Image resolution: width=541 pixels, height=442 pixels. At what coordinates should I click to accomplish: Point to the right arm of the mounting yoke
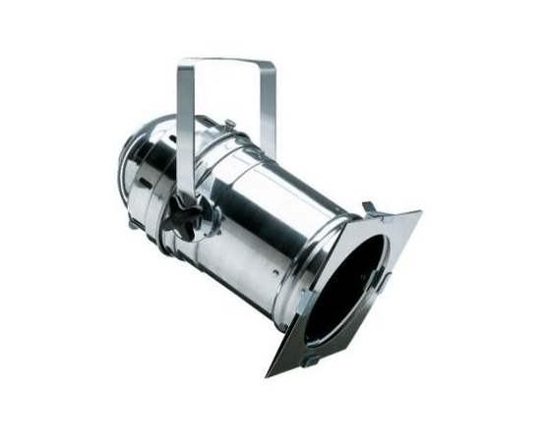coord(269,108)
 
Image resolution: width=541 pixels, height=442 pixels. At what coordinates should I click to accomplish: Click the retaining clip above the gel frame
coord(370,208)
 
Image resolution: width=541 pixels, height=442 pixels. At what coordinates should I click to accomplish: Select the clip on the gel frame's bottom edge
coord(313,360)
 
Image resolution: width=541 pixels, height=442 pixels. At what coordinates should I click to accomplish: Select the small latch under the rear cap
coord(133,224)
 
